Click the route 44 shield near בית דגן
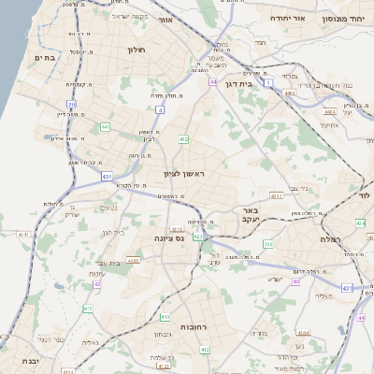click(x=213, y=82)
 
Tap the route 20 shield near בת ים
click(x=71, y=103)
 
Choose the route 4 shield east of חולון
click(x=160, y=110)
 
